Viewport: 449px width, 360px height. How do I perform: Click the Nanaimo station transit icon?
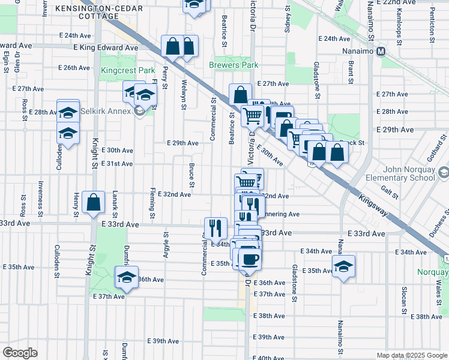pyautogui.click(x=381, y=52)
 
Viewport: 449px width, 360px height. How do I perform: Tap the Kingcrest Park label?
pyautogui.click(x=128, y=70)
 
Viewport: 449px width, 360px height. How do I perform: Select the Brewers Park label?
pyautogui.click(x=234, y=65)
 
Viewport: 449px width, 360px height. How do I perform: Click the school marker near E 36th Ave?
pyautogui.click(x=127, y=277)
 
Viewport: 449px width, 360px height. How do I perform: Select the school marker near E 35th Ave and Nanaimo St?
pyautogui.click(x=343, y=266)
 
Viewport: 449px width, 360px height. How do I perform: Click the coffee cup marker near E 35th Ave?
pyautogui.click(x=250, y=259)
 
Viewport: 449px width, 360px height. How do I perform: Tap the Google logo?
pyautogui.click(x=20, y=353)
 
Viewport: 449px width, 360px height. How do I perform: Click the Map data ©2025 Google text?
pyautogui.click(x=412, y=355)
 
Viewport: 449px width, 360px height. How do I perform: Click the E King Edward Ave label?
pyautogui.click(x=106, y=47)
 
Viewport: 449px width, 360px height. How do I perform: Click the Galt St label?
pyautogui.click(x=390, y=190)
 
